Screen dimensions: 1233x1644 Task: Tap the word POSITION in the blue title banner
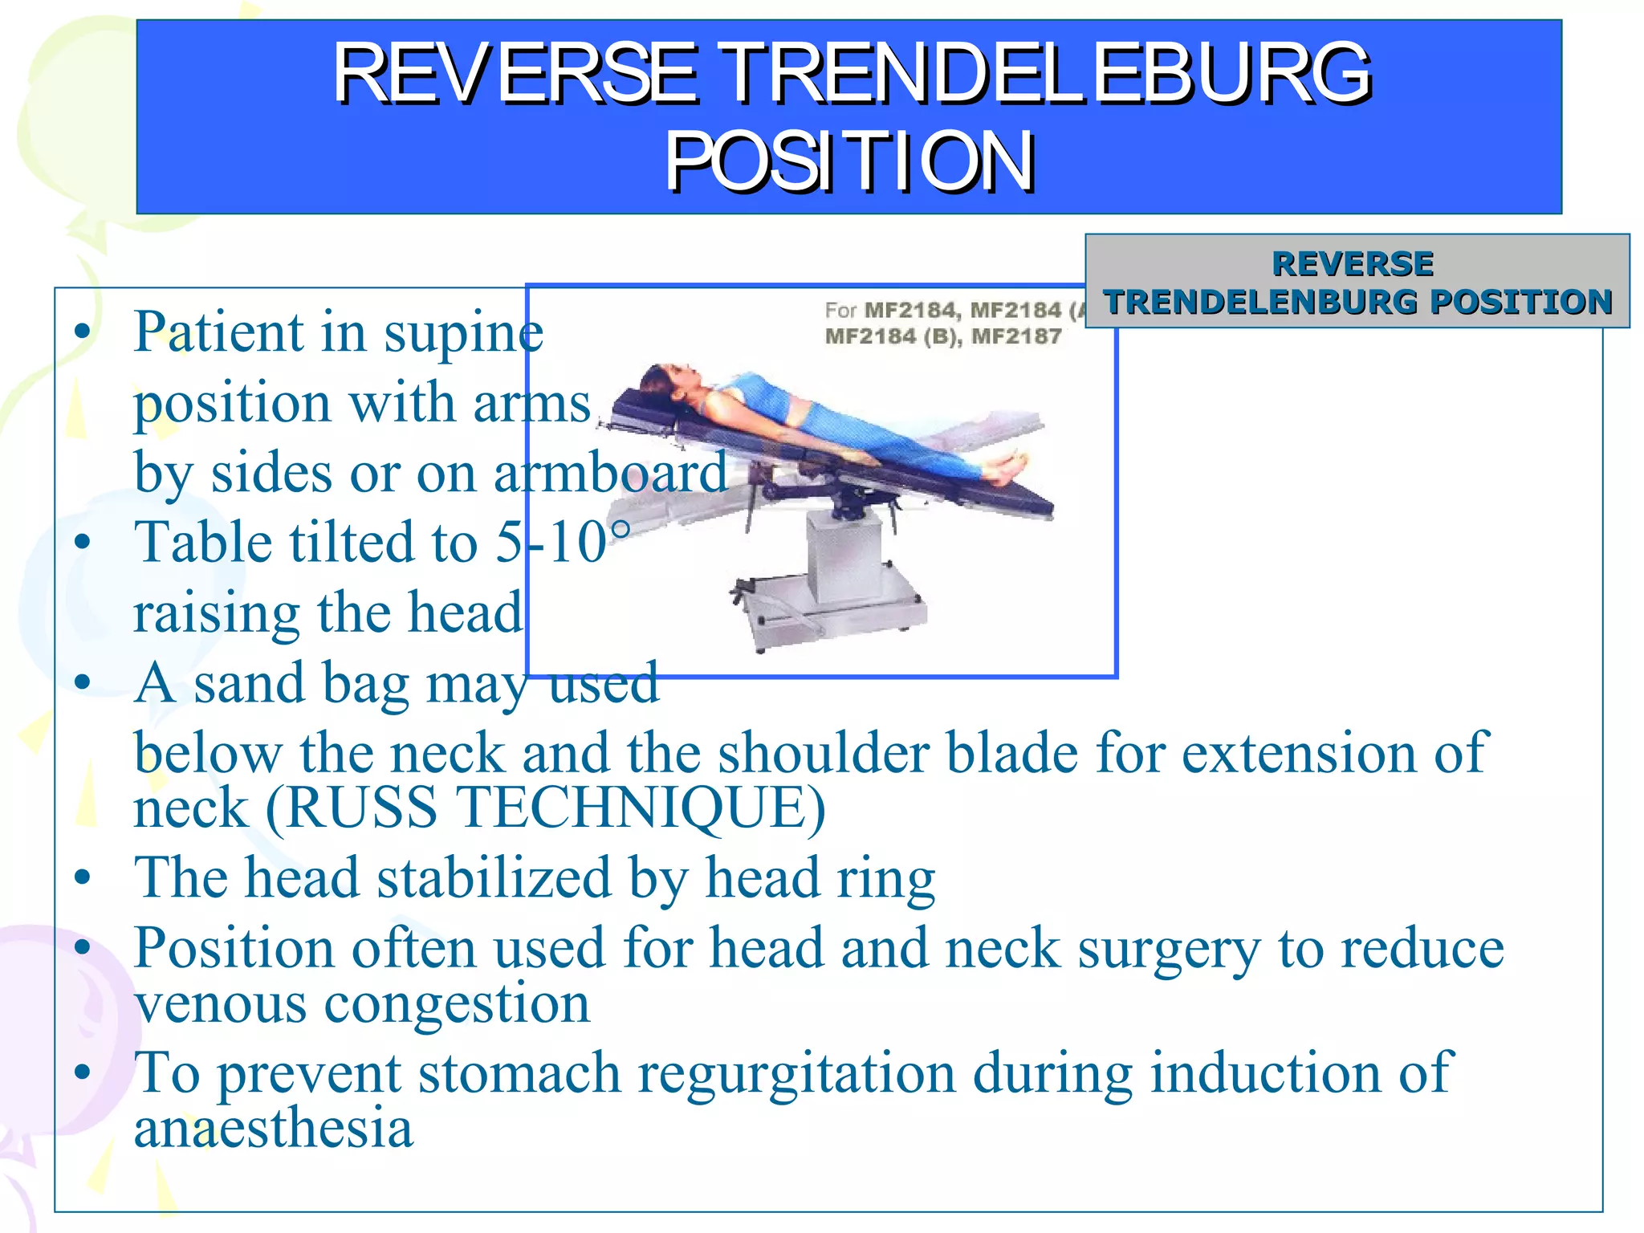click(x=849, y=163)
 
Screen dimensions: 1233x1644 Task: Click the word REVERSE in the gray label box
click(x=1353, y=263)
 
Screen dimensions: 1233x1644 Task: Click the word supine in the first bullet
click(x=463, y=332)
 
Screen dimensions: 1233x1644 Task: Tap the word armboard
click(x=610, y=473)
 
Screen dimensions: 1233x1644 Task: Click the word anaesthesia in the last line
click(x=273, y=1128)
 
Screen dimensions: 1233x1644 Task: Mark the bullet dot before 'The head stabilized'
click(x=82, y=877)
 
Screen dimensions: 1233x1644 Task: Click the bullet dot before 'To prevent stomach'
click(x=82, y=1072)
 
